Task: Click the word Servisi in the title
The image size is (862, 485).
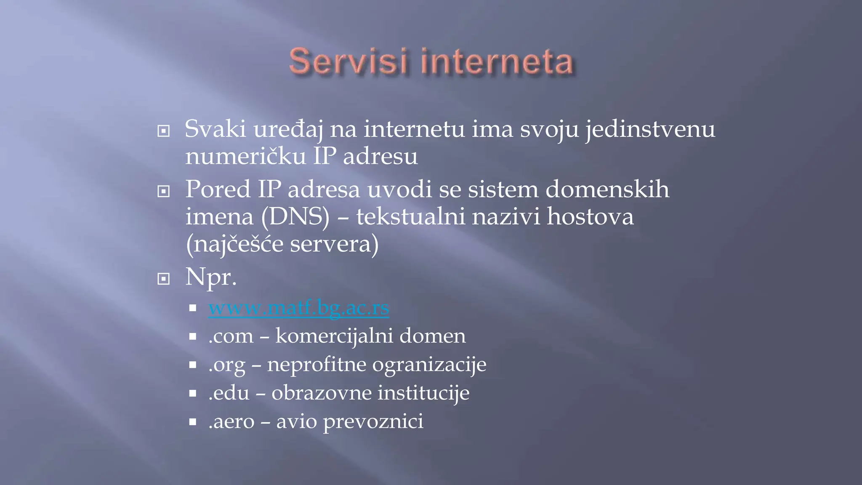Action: pos(349,61)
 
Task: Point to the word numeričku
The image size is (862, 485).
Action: pos(246,156)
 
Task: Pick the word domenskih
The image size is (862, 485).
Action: pos(607,189)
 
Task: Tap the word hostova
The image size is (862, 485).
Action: pos(590,217)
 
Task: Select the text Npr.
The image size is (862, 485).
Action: pos(211,277)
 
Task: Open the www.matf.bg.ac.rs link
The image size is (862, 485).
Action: pos(299,308)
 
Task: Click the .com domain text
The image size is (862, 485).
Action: pos(231,336)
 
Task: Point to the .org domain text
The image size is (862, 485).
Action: pos(227,365)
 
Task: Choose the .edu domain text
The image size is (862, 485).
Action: pos(229,393)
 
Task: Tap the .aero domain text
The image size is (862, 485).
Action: pos(231,421)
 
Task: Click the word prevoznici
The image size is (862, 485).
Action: pos(373,421)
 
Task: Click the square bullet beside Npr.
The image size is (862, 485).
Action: pos(163,279)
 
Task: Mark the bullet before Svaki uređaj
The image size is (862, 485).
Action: pos(163,131)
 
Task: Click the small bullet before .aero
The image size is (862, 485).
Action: pos(193,421)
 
